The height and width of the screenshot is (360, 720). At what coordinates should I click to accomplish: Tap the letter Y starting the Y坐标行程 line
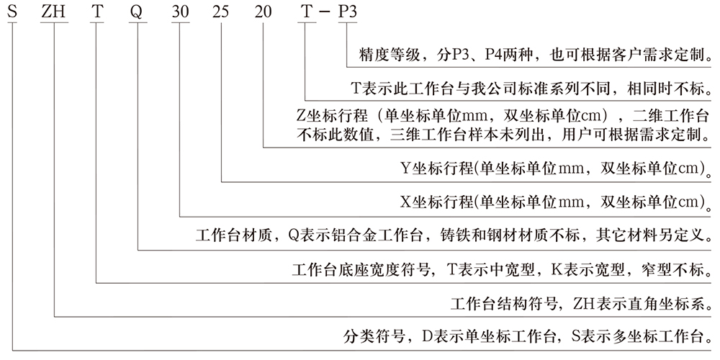[405, 168]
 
